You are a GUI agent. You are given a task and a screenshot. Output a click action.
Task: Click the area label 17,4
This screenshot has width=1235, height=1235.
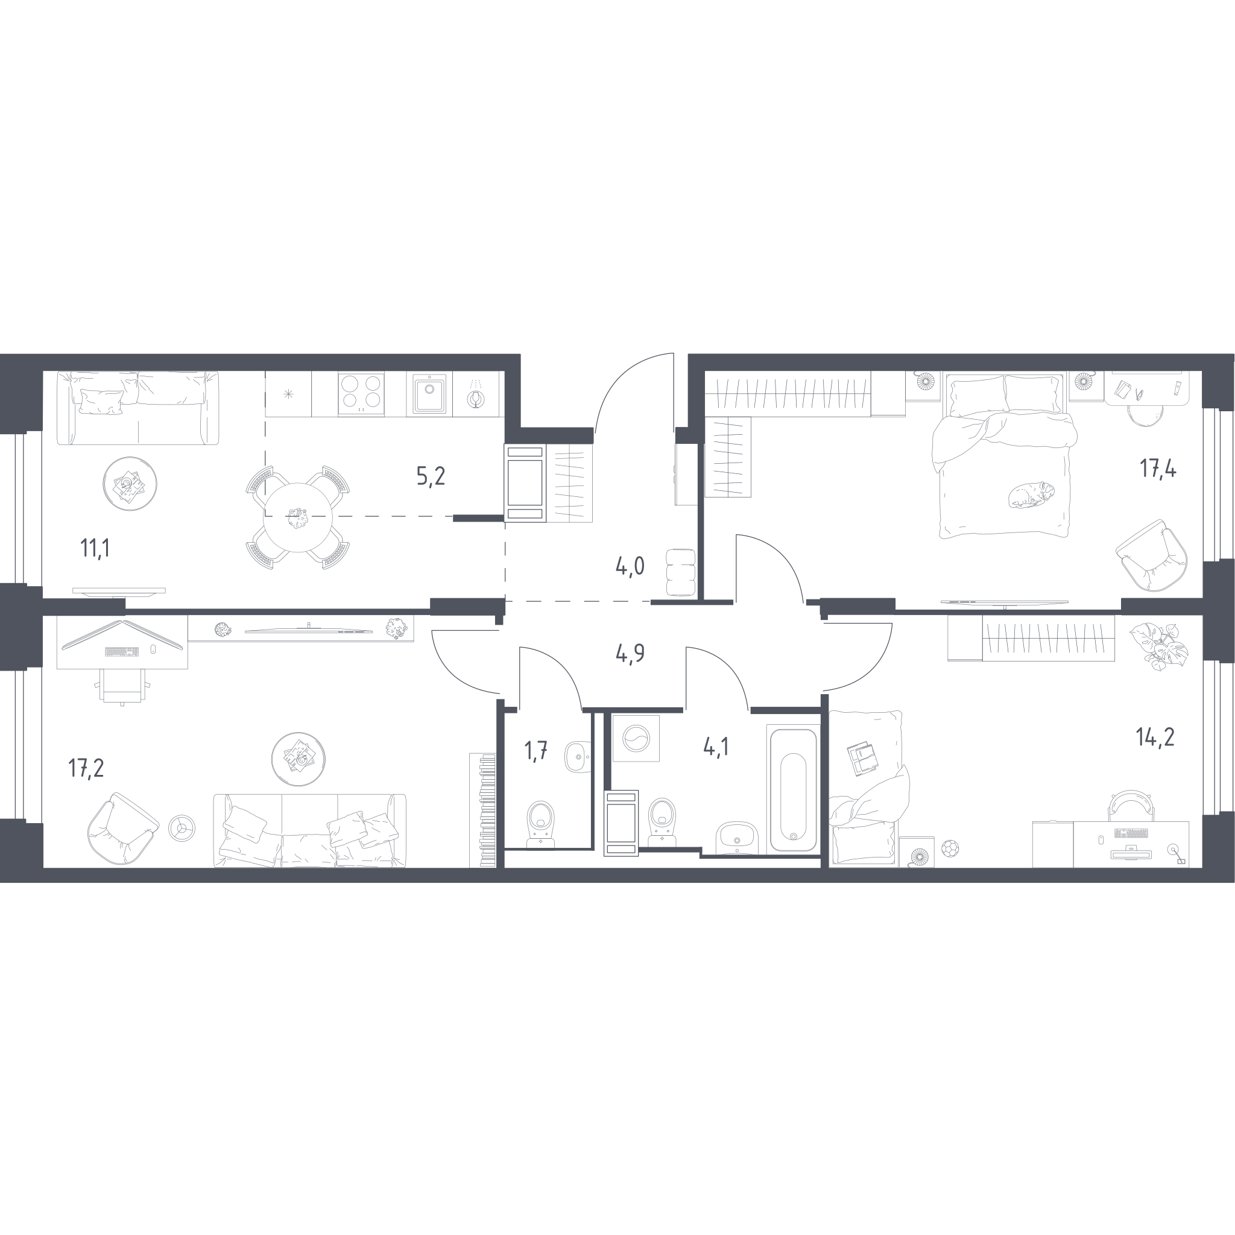coord(1158,469)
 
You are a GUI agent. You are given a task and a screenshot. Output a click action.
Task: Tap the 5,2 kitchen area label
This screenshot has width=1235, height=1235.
coord(431,476)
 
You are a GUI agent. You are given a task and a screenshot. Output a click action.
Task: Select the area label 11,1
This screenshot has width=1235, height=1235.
coord(95,549)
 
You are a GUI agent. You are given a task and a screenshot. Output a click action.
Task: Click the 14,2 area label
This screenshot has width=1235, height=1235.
coord(1155,738)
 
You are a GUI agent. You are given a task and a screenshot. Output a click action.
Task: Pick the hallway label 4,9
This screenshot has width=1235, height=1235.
coord(630,654)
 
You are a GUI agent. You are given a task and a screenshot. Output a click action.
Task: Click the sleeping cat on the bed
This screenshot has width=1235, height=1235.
coord(1031,494)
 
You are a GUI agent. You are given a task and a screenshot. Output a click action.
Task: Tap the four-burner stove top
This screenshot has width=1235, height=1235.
coord(361,394)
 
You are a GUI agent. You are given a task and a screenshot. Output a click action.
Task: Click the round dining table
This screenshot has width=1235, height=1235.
coord(298,517)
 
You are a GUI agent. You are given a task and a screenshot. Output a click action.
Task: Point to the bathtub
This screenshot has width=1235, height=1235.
coord(792,790)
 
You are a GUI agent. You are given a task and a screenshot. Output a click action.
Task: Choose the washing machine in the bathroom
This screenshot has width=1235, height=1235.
coord(636,738)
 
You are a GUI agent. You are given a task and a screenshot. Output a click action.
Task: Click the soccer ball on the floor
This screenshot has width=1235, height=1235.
coord(950,849)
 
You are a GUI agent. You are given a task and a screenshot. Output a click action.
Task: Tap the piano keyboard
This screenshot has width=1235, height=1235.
coord(483,810)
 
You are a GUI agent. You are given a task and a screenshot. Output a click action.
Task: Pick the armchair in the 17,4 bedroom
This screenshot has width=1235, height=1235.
coord(1152,555)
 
